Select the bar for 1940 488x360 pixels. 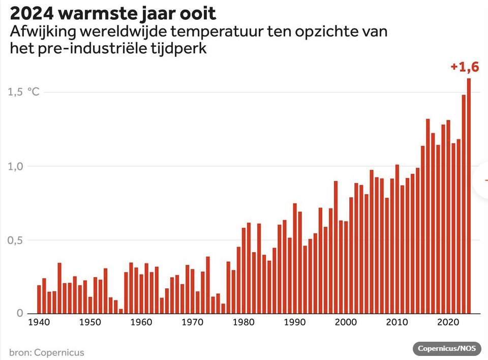click(39, 299)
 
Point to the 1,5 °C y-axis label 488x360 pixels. click(23, 92)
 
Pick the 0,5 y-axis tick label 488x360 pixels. click(17, 240)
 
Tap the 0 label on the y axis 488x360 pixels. click(19, 314)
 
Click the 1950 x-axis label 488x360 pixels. click(89, 322)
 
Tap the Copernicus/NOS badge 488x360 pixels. click(447, 348)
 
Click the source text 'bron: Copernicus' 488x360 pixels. click(46, 352)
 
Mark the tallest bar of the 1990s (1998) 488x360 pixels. click(335, 247)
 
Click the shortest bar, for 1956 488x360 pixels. click(120, 311)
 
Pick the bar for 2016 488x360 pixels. click(428, 216)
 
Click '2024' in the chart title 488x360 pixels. click(29, 13)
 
